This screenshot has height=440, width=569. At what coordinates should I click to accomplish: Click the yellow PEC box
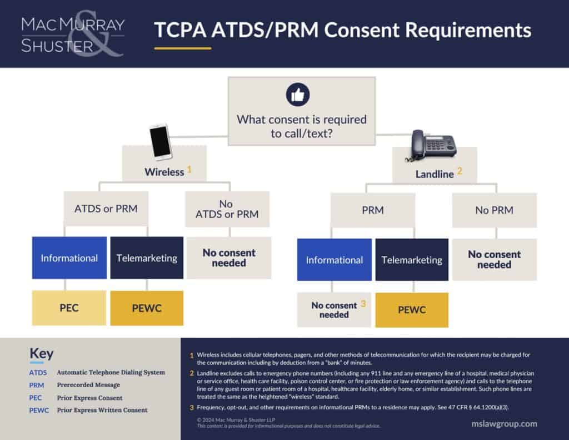click(69, 308)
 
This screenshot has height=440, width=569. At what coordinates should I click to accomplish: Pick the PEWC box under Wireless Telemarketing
click(147, 308)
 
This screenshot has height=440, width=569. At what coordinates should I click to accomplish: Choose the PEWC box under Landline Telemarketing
click(412, 309)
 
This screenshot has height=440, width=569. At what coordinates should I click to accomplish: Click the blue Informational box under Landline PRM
click(334, 260)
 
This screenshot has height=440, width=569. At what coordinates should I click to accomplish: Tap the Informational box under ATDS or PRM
click(69, 258)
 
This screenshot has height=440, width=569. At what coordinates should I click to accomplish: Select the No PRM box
click(494, 210)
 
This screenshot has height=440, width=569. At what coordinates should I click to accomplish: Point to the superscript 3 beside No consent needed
click(363, 304)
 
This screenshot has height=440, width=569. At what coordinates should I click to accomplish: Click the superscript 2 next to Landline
click(460, 172)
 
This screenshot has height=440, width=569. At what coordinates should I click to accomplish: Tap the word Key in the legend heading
click(41, 354)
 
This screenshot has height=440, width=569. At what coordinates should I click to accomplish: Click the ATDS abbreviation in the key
click(38, 372)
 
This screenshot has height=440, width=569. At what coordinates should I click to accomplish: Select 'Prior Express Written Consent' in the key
click(102, 410)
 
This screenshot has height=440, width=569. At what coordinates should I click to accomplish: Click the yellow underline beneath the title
click(183, 48)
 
